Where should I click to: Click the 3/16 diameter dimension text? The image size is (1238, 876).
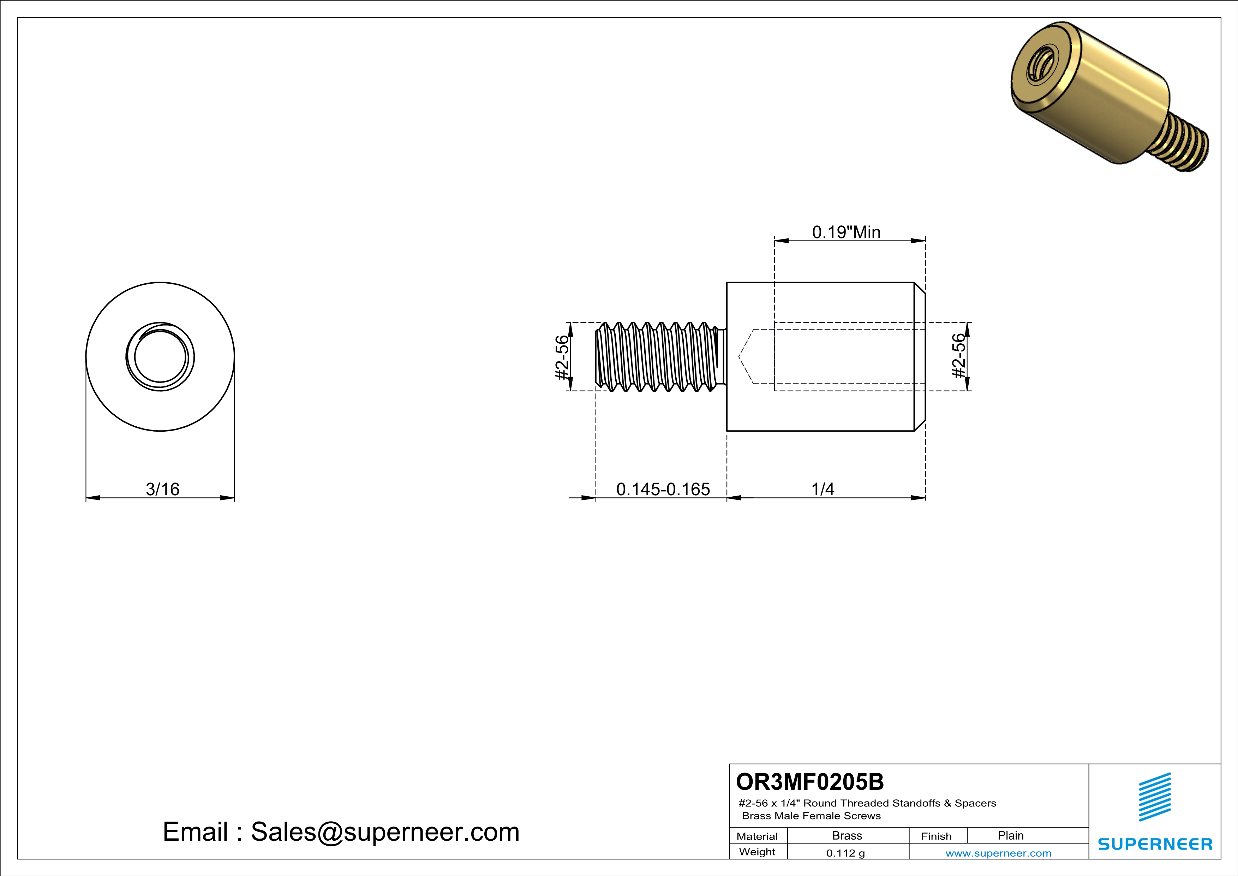[162, 489]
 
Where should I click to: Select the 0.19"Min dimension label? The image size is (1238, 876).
[846, 232]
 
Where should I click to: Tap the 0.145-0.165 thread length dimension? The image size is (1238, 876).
[663, 489]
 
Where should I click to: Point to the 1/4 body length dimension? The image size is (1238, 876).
[823, 489]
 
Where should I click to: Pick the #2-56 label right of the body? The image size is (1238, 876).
[958, 356]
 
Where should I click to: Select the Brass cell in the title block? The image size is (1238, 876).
[847, 835]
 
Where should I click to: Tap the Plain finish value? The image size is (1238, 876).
[1010, 835]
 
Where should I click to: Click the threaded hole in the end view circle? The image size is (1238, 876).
[160, 357]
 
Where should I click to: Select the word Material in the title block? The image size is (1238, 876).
[757, 836]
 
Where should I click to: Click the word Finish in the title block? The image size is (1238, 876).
[936, 836]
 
